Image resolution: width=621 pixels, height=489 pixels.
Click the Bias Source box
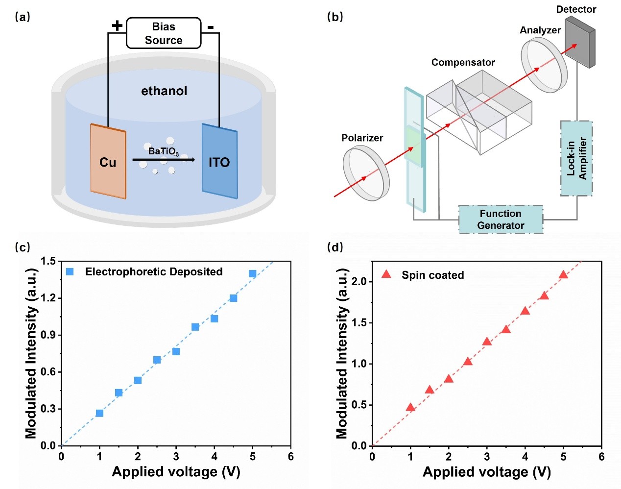click(164, 33)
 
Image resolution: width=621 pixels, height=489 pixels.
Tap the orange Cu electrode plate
click(108, 162)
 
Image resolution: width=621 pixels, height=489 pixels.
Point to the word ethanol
click(164, 91)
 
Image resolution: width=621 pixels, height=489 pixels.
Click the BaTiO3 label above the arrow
click(164, 151)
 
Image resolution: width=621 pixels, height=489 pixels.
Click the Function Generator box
click(501, 220)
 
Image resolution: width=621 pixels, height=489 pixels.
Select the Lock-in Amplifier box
click(576, 158)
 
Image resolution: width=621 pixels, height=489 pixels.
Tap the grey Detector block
click(579, 42)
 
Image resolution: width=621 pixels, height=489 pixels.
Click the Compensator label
click(463, 63)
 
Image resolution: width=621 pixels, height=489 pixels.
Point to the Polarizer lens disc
click(366, 174)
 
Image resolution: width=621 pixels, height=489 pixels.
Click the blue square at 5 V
click(253, 273)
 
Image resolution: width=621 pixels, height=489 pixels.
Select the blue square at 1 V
click(99, 413)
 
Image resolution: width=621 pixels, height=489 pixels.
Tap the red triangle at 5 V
click(563, 274)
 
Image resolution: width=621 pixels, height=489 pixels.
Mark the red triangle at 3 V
click(487, 342)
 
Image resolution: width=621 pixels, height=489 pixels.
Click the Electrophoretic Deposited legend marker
click(70, 271)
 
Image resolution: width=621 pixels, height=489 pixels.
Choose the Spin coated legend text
click(433, 275)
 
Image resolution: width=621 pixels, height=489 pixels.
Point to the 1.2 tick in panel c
click(48, 298)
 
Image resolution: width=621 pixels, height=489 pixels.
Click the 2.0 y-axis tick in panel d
click(359, 282)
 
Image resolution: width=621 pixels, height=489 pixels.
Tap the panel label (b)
click(335, 17)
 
